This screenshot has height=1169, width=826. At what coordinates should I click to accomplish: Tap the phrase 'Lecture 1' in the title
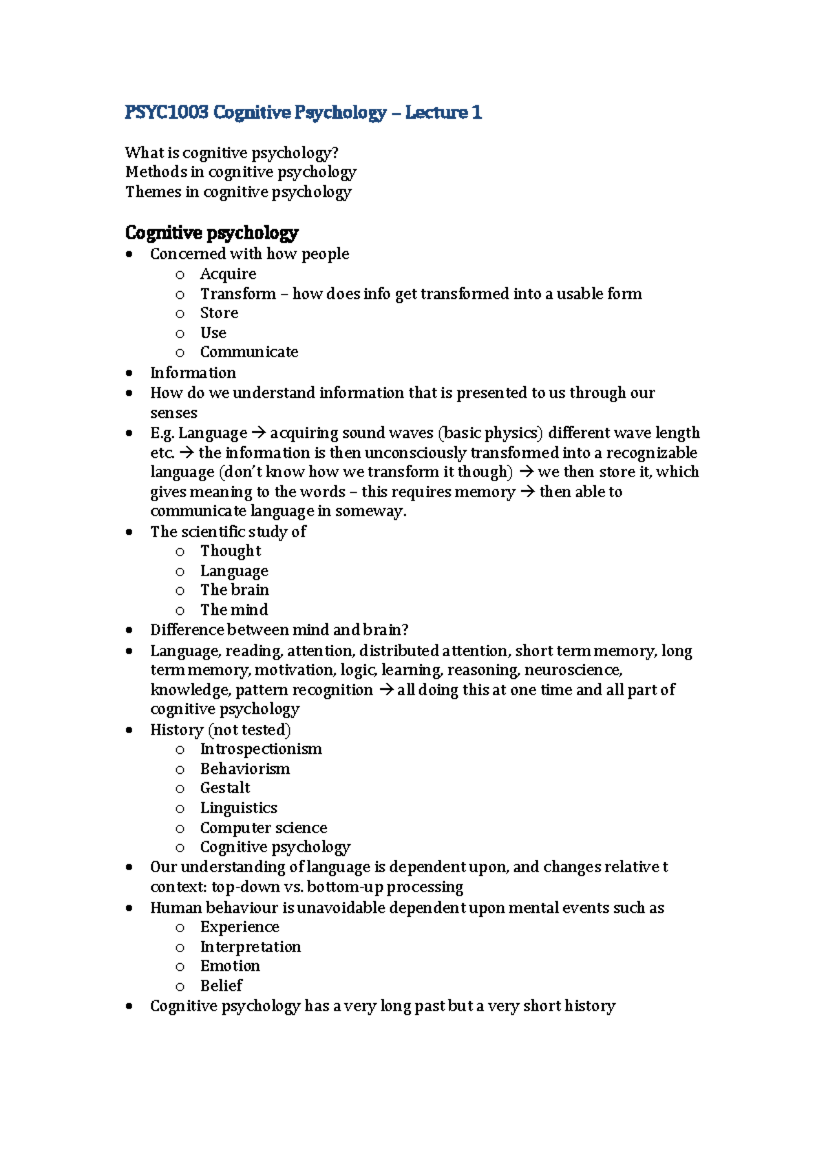pos(443,112)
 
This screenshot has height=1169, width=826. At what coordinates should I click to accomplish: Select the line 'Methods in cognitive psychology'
pos(240,172)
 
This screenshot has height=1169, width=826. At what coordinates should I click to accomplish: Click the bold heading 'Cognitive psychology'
pos(211,233)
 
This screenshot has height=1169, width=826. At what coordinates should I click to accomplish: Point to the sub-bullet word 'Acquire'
pos(228,274)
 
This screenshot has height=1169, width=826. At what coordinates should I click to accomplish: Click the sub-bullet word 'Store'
pos(219,313)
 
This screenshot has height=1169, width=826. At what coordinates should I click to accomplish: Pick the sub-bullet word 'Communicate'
pos(248,352)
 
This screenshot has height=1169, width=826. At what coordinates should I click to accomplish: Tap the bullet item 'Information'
pos(193,372)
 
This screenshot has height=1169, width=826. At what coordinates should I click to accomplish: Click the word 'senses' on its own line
pos(173,413)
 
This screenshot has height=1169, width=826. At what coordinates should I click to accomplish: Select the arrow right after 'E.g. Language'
pos(258,433)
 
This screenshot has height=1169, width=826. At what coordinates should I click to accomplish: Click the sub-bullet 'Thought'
pos(231,551)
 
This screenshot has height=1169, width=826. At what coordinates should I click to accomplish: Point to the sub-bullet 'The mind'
pos(234,610)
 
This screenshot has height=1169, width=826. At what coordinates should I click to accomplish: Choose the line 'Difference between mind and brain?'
pos(279,630)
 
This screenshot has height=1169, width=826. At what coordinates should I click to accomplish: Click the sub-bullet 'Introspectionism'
pos(261,749)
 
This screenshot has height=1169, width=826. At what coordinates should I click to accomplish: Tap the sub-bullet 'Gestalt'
pos(225,788)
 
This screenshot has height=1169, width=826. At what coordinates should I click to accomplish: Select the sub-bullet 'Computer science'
pos(264,828)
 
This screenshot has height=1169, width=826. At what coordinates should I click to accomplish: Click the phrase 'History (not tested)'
pos(220,730)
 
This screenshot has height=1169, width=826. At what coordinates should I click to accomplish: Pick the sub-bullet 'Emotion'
pos(230,966)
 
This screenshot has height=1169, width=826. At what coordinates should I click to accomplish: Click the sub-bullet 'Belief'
pos(221,986)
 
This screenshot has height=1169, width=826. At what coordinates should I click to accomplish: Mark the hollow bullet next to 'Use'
pos(180,334)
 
